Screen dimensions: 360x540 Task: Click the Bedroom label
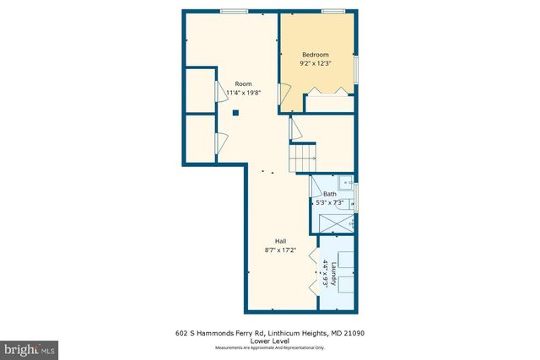point(316,55)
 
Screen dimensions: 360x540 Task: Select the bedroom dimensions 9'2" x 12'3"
point(316,63)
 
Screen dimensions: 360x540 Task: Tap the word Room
point(243,83)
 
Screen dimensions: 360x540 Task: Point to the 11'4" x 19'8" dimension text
point(243,92)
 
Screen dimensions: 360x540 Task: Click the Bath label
point(329,194)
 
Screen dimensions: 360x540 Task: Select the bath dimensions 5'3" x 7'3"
point(329,202)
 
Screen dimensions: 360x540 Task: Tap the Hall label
point(279,241)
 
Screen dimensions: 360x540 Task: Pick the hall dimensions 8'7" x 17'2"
point(279,250)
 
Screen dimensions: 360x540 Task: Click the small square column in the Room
point(236,112)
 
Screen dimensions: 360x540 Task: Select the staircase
point(303,156)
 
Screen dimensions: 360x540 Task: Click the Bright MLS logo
point(30,347)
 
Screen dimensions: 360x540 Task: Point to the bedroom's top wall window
point(334,11)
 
